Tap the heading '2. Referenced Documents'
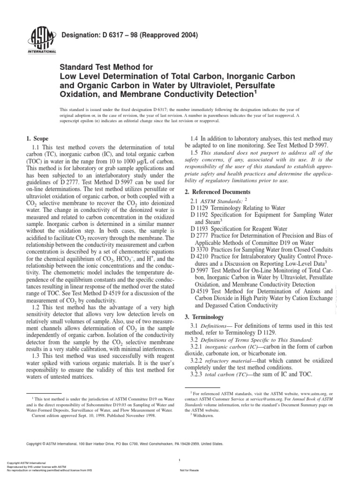click(221, 192)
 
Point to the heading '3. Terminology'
click(208, 317)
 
